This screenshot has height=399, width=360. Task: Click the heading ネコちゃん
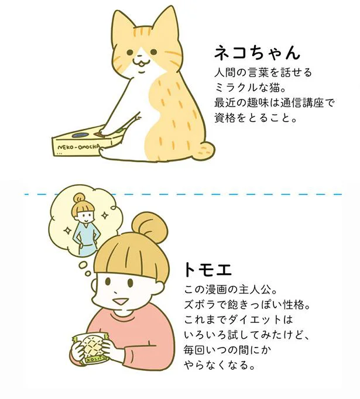pyautogui.click(x=257, y=53)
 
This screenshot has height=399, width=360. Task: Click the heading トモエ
pyautogui.click(x=207, y=270)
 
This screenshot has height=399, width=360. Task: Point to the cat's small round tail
pyautogui.click(x=207, y=150)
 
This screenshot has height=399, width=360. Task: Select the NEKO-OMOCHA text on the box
pyautogui.click(x=79, y=147)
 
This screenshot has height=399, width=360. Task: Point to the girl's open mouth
pyautogui.click(x=119, y=301)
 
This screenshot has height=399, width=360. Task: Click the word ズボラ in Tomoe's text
pyautogui.click(x=199, y=305)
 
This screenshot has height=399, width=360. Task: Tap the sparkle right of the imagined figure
pyautogui.click(x=104, y=216)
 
